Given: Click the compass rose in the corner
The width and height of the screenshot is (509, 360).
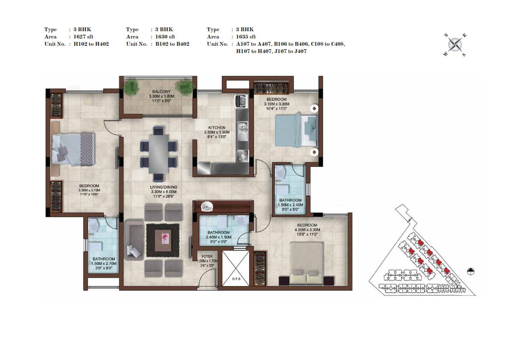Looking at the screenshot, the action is (x=455, y=45).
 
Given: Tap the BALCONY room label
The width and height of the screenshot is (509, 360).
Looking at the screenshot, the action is (x=162, y=92).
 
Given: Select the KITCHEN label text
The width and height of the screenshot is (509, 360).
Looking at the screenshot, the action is (x=217, y=127).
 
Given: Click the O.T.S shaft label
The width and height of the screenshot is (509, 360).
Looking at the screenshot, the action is (x=236, y=279).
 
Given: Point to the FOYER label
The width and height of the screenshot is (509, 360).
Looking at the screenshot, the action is (x=207, y=257).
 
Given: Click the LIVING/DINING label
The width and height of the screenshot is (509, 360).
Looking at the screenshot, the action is (x=164, y=187).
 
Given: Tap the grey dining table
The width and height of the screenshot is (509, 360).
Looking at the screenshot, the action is (x=159, y=154).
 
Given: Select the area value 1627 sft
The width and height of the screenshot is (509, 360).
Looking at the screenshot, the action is (x=83, y=37).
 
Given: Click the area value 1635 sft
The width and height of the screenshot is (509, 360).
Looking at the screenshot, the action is (x=246, y=37).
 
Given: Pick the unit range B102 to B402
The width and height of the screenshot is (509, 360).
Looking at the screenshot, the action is (x=172, y=44).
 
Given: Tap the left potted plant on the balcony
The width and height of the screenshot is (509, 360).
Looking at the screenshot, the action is (x=132, y=87).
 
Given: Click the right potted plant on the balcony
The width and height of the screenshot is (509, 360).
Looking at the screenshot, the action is (x=185, y=87).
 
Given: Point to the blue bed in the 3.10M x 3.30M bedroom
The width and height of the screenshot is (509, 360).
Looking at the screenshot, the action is (x=296, y=131).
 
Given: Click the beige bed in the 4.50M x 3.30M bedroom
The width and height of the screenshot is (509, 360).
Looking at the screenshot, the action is (x=306, y=263).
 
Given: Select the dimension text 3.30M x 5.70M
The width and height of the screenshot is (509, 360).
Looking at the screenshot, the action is (x=89, y=190).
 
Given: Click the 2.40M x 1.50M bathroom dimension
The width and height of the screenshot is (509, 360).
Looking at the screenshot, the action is (x=218, y=237).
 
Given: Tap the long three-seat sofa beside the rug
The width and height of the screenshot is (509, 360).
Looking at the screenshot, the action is (x=134, y=239).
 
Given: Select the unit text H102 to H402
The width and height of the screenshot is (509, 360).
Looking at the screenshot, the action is (x=91, y=44).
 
